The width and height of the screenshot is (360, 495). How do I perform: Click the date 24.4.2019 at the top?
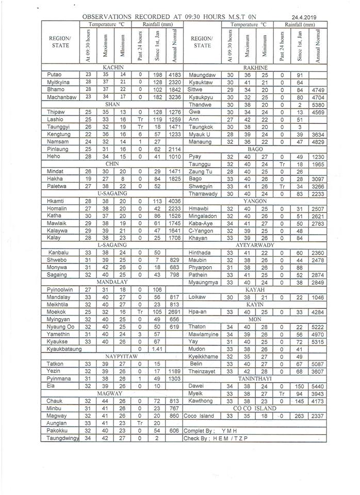[304, 16]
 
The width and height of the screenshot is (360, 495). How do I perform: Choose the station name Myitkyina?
[58, 82]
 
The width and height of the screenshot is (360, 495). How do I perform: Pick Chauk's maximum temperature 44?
[105, 401]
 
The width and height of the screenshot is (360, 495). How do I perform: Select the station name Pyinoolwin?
[59, 289]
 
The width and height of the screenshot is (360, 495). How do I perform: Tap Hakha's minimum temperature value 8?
[121, 179]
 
